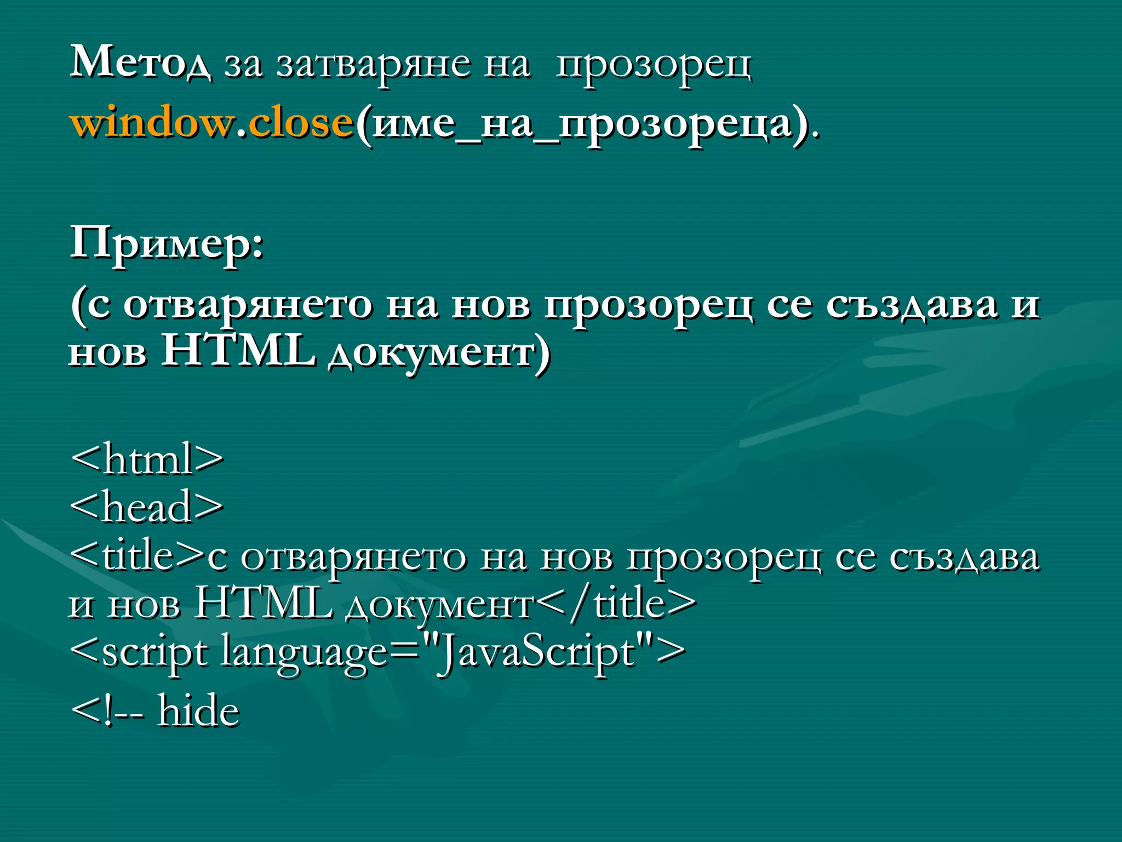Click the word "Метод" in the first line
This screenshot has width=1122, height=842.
tap(140, 62)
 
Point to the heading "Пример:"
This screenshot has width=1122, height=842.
tap(167, 243)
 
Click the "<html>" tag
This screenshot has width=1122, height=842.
tap(147, 459)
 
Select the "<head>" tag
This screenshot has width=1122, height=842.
tap(147, 507)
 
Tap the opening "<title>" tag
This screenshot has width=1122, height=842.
tap(137, 556)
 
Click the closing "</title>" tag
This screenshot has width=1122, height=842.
tap(616, 604)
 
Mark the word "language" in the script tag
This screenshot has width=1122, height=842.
tap(304, 653)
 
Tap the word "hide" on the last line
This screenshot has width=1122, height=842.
tap(198, 710)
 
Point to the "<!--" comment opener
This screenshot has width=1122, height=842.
tap(107, 712)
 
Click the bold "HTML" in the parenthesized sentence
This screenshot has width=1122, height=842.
tap(238, 351)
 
